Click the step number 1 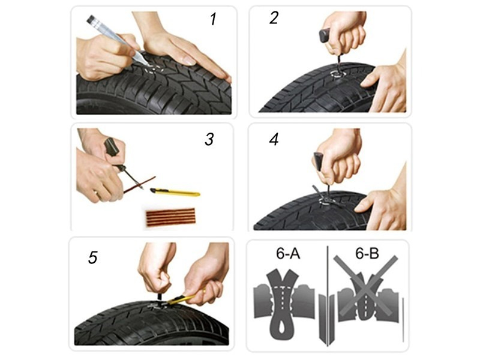[212, 19]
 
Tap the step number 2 [274, 18]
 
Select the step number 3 [209, 140]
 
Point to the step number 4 [274, 140]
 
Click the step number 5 [92, 257]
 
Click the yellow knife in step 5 [180, 298]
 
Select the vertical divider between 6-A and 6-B [327, 294]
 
